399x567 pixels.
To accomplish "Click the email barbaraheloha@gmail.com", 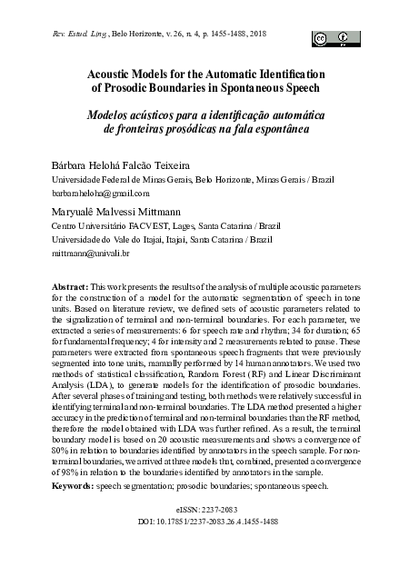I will (99, 194).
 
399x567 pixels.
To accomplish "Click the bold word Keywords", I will (73, 486).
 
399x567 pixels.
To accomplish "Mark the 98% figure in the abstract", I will (58, 474).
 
